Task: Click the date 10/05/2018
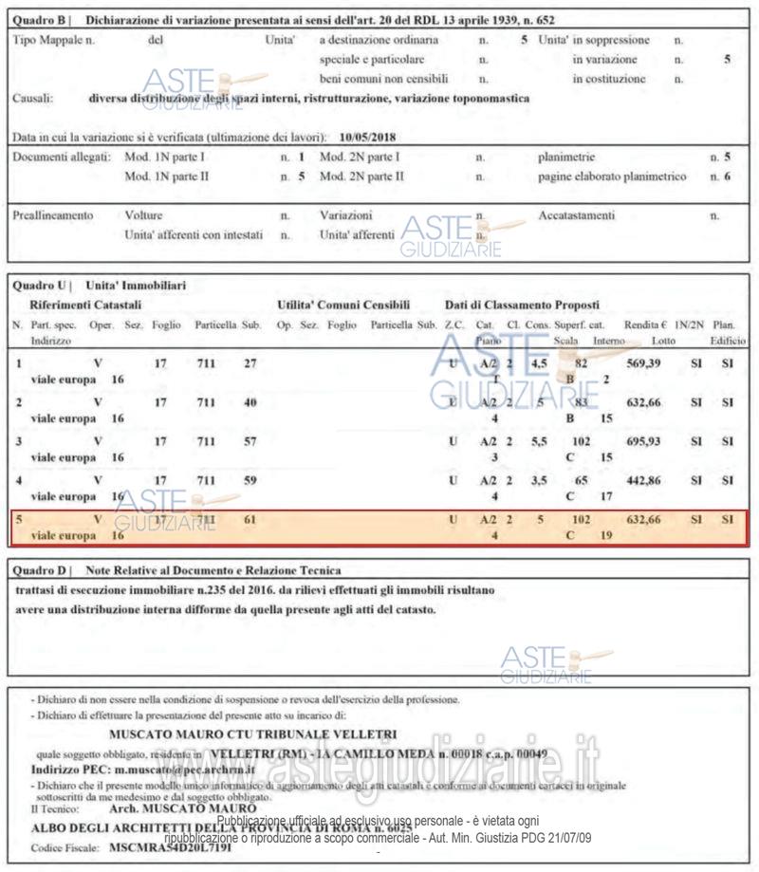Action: [367, 136]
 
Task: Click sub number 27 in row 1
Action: [250, 362]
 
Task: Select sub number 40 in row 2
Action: [250, 402]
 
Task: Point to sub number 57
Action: [250, 442]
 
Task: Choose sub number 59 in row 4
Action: [250, 481]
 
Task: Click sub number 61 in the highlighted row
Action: [250, 520]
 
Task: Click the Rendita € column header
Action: [644, 325]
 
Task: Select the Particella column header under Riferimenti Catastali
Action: [216, 325]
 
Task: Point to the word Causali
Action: [33, 98]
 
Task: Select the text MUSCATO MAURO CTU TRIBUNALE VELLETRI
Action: [252, 733]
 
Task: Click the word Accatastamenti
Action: [577, 215]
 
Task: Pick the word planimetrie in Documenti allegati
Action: [566, 156]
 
